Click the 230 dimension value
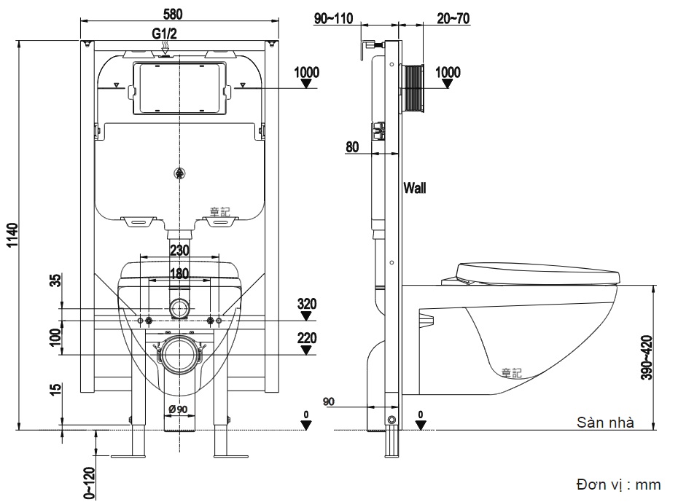point(179,250)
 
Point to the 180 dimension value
point(179,274)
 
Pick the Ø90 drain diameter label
point(179,408)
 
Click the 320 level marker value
point(306,303)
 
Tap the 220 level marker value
point(306,337)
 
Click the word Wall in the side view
point(416,188)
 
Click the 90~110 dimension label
point(333,19)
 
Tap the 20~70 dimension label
point(453,19)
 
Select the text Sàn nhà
point(604,422)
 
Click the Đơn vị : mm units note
point(617,485)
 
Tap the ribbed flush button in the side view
point(413,88)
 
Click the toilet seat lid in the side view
point(538,273)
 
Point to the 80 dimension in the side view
point(352,146)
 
